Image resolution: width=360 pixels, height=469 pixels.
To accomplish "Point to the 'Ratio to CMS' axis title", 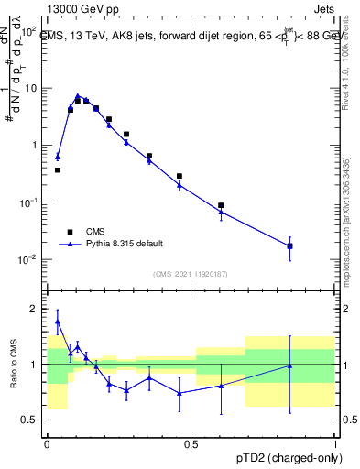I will coord(12,364).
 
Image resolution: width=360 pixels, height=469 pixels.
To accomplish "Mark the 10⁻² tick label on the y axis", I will coord(29,259).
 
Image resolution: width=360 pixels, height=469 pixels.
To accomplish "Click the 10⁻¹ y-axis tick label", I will coord(29,202).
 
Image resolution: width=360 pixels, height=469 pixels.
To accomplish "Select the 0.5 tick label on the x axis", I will coord(191,444).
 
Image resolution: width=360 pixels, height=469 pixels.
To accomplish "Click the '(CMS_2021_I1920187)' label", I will coord(191,274).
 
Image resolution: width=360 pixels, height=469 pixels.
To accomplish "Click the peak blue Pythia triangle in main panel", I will coord(78,95).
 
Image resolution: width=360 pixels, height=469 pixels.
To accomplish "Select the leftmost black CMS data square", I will coord(58,169).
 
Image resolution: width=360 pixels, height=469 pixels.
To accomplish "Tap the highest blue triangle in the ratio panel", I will coord(58,322).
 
